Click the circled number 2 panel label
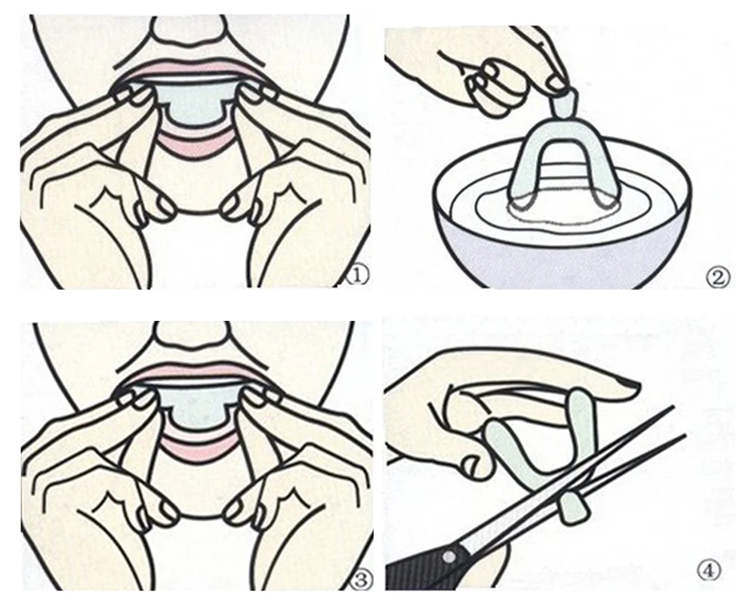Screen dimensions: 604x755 [x=718, y=276]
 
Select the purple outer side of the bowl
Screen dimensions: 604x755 [x=566, y=260]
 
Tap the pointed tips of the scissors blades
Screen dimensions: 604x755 [x=676, y=411]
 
